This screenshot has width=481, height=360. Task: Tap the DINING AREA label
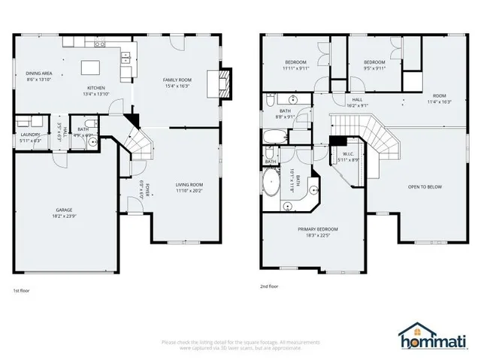38,73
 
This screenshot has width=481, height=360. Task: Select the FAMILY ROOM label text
177,79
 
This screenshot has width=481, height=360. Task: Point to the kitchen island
92,68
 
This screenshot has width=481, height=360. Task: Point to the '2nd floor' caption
269,286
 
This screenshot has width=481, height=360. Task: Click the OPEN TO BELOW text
425,186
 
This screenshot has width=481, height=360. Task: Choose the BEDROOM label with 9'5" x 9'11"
374,62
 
